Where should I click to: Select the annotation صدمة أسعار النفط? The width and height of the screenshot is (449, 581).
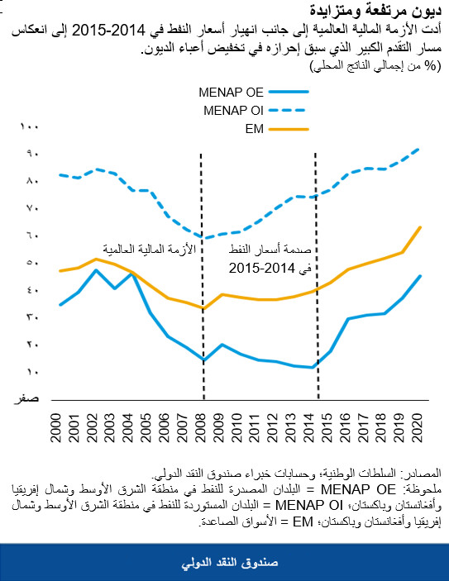coord(262,250)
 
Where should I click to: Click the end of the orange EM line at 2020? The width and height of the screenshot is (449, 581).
coord(421,226)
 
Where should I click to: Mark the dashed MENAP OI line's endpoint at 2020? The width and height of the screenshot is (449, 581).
coord(421,148)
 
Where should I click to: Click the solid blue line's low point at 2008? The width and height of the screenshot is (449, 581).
coord(203,360)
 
